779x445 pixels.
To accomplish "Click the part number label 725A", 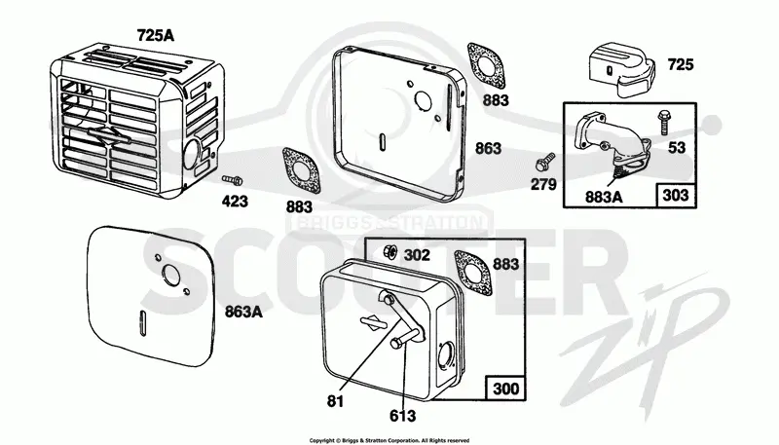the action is pyautogui.click(x=156, y=35).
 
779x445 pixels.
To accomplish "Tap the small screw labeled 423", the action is pyautogui.click(x=232, y=180).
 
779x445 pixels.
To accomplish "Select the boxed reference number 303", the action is pyautogui.click(x=676, y=195).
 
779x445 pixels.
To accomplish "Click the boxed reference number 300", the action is pyautogui.click(x=505, y=389).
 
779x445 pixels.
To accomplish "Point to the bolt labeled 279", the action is pyautogui.click(x=545, y=161).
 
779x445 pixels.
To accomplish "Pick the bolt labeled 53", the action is pyautogui.click(x=663, y=122).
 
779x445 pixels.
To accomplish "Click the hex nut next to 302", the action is pyautogui.click(x=390, y=251).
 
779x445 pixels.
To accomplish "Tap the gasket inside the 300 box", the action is pyautogui.click(x=473, y=273).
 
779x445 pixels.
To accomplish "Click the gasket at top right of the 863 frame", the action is pyautogui.click(x=486, y=68).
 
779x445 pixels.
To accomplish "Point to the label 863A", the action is pyautogui.click(x=243, y=312).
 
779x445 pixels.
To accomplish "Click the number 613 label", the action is pyautogui.click(x=402, y=415).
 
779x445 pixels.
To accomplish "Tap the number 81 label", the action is pyautogui.click(x=335, y=401).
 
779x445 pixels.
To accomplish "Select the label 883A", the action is pyautogui.click(x=604, y=197).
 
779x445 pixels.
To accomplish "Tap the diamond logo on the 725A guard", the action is pyautogui.click(x=108, y=135).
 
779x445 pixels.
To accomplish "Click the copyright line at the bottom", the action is pyautogui.click(x=389, y=440).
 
